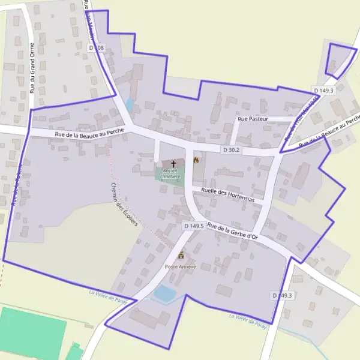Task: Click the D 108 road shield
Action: pyautogui.click(x=97, y=47)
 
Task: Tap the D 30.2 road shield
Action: pyautogui.click(x=230, y=149)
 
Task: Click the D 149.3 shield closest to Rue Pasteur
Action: pyautogui.click(x=323, y=91)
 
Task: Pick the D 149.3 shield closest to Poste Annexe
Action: pyautogui.click(x=281, y=295)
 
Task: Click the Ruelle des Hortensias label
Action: pyautogui.click(x=228, y=194)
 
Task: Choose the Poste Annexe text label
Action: pyautogui.click(x=181, y=266)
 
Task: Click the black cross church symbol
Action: pyautogui.click(x=174, y=163)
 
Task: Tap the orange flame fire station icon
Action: pyautogui.click(x=196, y=160)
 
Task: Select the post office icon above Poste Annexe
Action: pyautogui.click(x=181, y=255)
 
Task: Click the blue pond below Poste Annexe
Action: pyautogui.click(x=165, y=293)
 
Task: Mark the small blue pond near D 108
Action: pyautogui.click(x=130, y=106)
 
